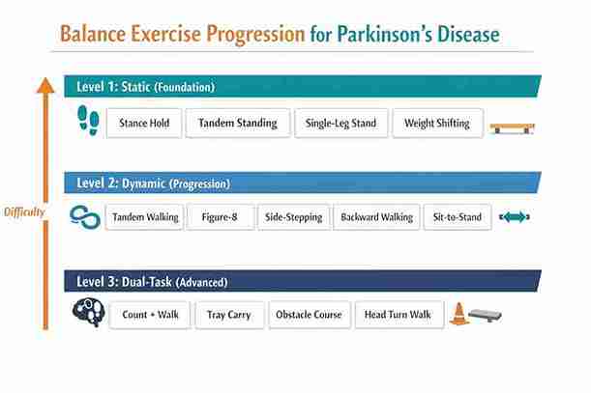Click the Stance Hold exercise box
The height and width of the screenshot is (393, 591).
point(145,124)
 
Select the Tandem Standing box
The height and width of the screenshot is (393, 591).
point(237,124)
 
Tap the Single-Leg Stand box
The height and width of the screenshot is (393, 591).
point(341,124)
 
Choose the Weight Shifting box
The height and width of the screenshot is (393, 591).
point(437,124)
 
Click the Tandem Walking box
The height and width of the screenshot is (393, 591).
point(144,217)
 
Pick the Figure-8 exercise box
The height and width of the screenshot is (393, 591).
point(220,217)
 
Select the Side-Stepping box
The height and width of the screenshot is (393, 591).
point(293,217)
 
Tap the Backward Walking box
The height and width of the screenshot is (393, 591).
point(376,217)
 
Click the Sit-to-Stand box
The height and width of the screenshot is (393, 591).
point(458,217)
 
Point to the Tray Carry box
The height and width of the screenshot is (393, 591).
point(229,315)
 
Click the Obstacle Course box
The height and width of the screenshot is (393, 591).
point(309,315)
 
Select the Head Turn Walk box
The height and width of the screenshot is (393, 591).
point(399,315)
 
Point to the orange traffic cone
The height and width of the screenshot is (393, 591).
point(459,314)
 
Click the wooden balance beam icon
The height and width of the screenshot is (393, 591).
point(513,126)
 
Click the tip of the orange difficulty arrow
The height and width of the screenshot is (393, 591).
point(44,77)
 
